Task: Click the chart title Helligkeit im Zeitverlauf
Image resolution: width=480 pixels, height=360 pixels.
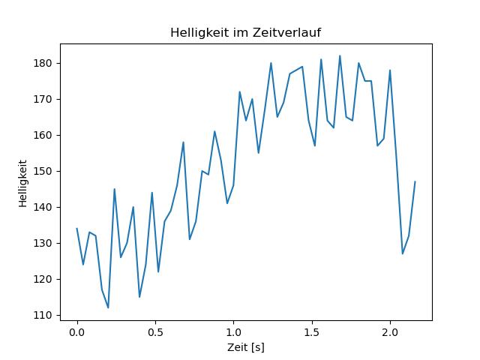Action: click(246, 32)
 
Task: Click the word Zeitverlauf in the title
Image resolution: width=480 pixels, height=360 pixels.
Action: click(289, 32)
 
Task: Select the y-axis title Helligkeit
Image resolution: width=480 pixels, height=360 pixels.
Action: click(23, 182)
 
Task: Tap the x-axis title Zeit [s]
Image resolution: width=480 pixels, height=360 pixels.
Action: click(246, 348)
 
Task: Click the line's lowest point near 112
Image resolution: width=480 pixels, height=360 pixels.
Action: click(108, 307)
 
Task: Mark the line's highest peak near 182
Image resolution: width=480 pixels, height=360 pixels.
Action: click(340, 55)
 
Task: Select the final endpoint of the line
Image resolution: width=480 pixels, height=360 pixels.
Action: click(415, 181)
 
